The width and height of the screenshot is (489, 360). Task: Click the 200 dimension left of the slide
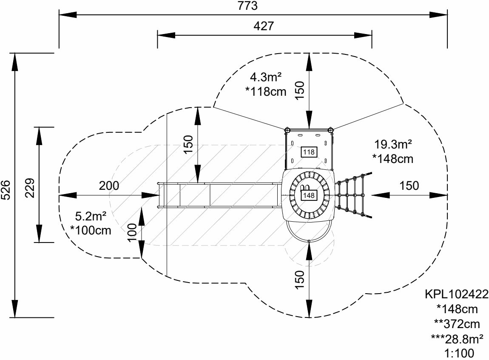pyautogui.click(x=109, y=186)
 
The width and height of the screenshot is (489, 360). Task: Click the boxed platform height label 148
pyautogui.click(x=309, y=195)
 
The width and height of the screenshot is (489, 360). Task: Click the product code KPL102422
pyautogui.click(x=456, y=295)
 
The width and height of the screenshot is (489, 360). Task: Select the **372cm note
pyautogui.click(x=457, y=324)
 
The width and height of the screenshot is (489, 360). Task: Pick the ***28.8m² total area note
pyautogui.click(x=456, y=339)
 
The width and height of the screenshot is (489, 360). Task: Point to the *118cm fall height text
pyautogui.click(x=266, y=91)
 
